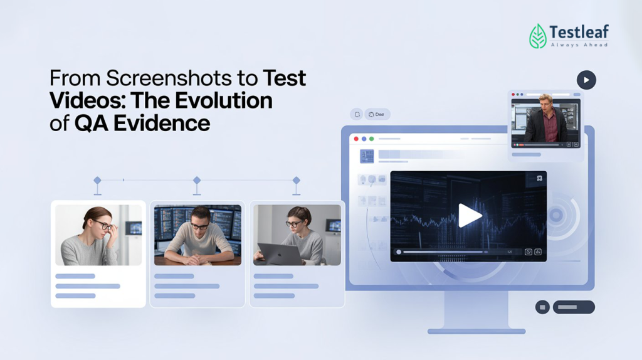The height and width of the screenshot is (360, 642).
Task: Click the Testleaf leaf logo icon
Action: (538, 36)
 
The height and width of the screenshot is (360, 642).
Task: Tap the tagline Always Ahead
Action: (579, 45)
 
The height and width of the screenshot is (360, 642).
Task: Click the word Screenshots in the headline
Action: (182, 79)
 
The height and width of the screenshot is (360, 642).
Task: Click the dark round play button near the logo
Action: (586, 80)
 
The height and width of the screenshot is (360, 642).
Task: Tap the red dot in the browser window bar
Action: (356, 139)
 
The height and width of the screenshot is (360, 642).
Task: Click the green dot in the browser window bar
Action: (372, 139)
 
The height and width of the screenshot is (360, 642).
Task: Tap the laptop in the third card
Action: (278, 254)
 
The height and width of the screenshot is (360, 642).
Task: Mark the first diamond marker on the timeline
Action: (97, 181)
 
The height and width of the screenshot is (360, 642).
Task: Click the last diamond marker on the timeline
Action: (297, 181)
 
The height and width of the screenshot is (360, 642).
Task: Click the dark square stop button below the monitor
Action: (542, 307)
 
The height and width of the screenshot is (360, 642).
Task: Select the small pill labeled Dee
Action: (377, 114)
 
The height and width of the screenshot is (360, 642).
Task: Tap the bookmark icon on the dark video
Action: (539, 179)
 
